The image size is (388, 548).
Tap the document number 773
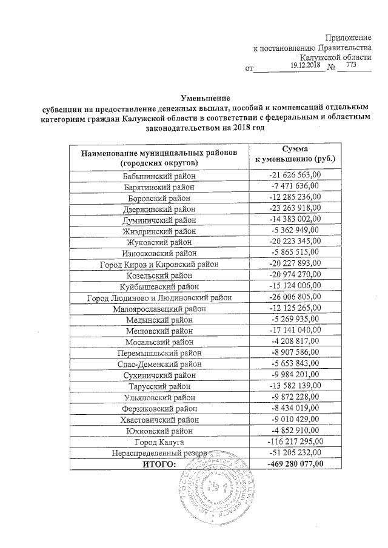(x=350, y=65)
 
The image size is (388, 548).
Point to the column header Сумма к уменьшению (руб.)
(x=298, y=154)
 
